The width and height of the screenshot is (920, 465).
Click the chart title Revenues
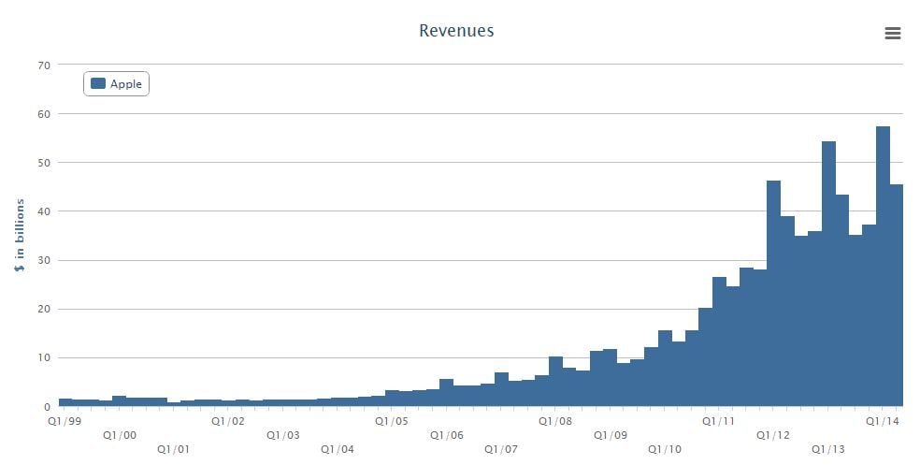pos(456,31)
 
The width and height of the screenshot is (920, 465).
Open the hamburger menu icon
pos(892,34)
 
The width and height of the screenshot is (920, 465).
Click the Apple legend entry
pos(117,84)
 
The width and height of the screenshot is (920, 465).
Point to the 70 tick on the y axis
pos(43,65)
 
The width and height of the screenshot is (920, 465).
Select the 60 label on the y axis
pos(43,114)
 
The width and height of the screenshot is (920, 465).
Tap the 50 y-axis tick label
pos(43,163)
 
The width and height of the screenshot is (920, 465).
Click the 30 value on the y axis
pos(43,260)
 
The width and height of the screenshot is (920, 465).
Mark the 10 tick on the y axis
pos(43,357)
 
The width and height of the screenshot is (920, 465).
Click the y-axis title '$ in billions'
pos(20,236)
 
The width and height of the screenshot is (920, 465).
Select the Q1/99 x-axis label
pos(65,421)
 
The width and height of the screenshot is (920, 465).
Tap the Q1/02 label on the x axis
pos(228,421)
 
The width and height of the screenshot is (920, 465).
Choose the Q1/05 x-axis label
pos(392,421)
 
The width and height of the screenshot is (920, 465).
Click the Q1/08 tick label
pos(555,421)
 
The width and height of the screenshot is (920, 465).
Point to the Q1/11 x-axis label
pos(719,421)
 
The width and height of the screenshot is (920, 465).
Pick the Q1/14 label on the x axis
pos(883,421)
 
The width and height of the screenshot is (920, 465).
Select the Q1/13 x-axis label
pos(828,449)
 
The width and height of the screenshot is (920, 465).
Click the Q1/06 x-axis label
pos(447,435)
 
